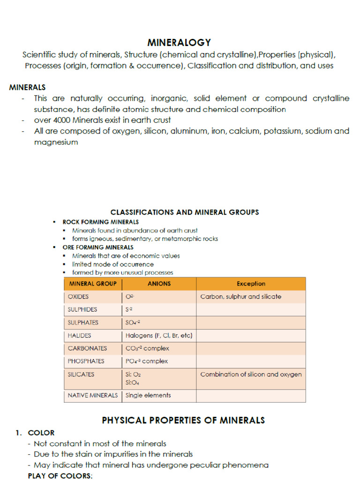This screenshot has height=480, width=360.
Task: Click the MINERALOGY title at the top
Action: coord(180,43)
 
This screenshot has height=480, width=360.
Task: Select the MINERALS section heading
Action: coord(28,87)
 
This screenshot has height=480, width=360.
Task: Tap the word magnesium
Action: coord(56,142)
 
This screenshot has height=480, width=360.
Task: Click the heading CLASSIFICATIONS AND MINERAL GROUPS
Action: coord(185,212)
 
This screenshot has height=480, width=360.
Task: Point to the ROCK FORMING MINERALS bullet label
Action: coord(100,222)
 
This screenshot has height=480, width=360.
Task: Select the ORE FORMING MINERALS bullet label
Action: coord(97,247)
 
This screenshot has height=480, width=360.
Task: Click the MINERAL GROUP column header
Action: coord(93,284)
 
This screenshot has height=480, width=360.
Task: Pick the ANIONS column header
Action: coord(159,284)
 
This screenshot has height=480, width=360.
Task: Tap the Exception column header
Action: coord(251,284)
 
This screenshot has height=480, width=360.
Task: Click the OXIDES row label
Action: coord(78,297)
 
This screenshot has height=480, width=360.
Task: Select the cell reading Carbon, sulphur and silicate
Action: coord(240,297)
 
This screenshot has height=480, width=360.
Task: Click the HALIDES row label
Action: coord(79,336)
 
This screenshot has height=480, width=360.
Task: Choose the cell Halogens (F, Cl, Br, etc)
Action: coord(159,336)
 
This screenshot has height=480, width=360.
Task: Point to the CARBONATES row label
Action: coord(87,348)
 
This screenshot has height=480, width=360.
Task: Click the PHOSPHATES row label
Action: coord(86,361)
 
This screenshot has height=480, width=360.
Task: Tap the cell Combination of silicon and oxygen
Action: coord(251,375)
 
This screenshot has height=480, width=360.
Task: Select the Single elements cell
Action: coord(148,395)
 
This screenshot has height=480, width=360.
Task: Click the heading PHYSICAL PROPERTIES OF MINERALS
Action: coord(183,420)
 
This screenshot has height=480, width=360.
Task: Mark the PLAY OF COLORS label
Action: coord(60,475)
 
